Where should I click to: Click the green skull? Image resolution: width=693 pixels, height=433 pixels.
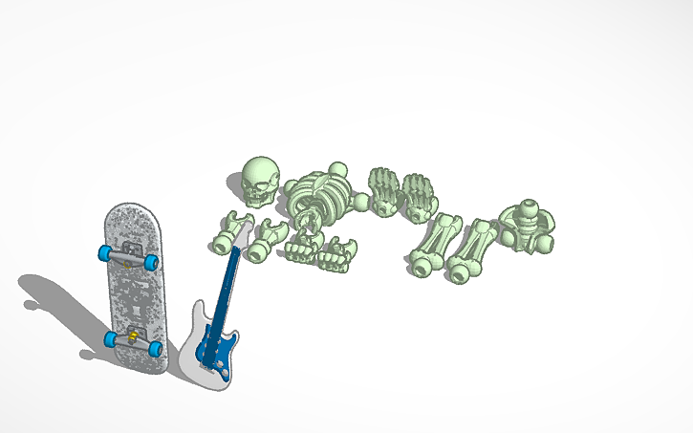(258, 177)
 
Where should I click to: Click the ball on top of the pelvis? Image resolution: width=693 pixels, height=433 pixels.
(528, 207)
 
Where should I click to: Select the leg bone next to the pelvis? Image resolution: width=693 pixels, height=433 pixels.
(475, 250)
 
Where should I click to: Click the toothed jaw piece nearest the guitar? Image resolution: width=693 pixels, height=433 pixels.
(300, 249)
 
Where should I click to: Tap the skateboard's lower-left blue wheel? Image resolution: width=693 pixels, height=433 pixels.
(112, 338)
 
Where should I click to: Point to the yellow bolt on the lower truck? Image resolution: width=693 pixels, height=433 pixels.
(132, 335)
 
